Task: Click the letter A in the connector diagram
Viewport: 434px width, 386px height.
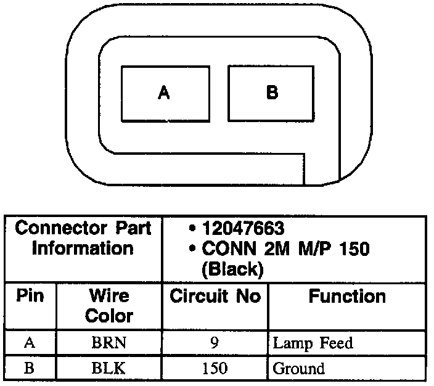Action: tap(163, 93)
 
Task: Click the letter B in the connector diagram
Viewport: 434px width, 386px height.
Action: tap(272, 93)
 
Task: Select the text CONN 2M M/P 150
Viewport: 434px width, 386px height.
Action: tap(285, 249)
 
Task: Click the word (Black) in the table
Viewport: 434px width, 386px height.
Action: tap(232, 269)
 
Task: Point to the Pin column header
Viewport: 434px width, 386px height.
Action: tap(30, 296)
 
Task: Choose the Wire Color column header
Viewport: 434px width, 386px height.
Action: tap(109, 306)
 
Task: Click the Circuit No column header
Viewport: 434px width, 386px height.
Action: tap(215, 296)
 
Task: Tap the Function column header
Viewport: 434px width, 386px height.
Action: tap(347, 296)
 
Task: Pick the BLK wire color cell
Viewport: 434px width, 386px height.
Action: tap(109, 369)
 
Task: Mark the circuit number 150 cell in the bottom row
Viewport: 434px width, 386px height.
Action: tap(215, 369)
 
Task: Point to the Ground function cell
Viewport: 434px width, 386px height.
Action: tap(298, 369)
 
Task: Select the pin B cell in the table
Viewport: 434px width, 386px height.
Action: tap(30, 369)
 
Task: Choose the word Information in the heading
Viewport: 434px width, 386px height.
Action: tap(83, 248)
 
